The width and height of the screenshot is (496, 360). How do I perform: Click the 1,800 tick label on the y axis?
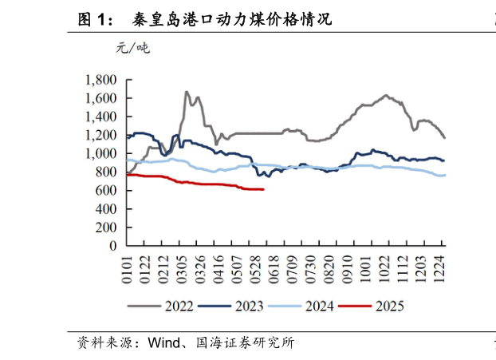click(x=100, y=80)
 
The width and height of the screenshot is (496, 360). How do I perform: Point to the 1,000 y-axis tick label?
click(x=100, y=153)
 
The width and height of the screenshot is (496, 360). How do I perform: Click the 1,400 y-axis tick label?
click(x=100, y=117)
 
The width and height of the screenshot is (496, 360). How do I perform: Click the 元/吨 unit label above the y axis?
click(x=132, y=48)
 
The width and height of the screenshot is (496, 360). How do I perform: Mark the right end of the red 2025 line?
click(x=263, y=189)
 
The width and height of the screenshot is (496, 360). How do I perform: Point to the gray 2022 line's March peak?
click(x=187, y=92)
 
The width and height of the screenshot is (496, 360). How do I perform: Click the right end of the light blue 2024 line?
click(x=445, y=175)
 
